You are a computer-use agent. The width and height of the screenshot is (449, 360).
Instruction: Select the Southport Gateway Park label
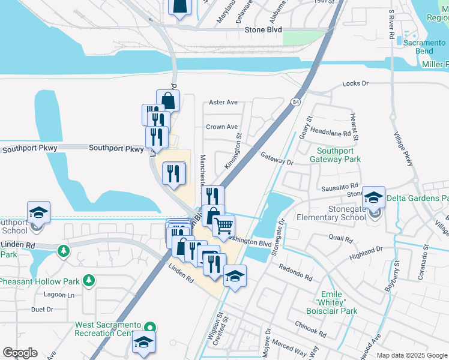pyautogui.click(x=339, y=155)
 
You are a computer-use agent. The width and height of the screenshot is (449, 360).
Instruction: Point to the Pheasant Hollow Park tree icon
pyautogui.click(x=89, y=280)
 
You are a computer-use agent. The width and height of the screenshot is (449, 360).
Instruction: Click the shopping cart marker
pyautogui.click(x=223, y=226)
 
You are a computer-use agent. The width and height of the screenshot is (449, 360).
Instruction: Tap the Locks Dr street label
pyautogui.click(x=355, y=83)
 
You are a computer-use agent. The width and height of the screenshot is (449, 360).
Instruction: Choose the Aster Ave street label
pyautogui.click(x=223, y=103)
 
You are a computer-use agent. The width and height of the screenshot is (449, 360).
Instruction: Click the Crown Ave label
pyautogui.click(x=222, y=127)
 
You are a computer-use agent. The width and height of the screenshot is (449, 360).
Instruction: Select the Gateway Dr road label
pyautogui.click(x=277, y=158)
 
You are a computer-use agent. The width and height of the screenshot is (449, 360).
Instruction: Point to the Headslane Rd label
pyautogui.click(x=330, y=133)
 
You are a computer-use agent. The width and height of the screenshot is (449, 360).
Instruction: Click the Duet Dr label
pyautogui.click(x=42, y=310)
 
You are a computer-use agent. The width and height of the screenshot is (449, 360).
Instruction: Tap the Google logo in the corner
pyautogui.click(x=20, y=353)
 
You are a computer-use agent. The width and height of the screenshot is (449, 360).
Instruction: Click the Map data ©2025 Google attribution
pyautogui.click(x=412, y=355)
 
